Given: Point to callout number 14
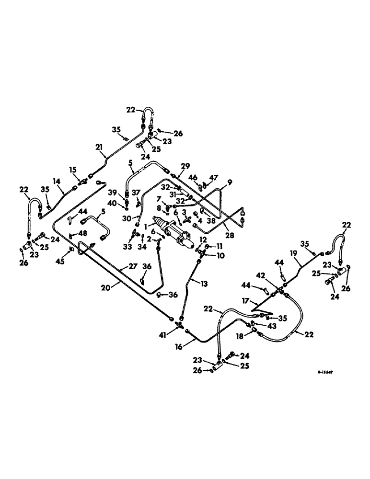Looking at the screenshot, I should [x=58, y=181].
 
